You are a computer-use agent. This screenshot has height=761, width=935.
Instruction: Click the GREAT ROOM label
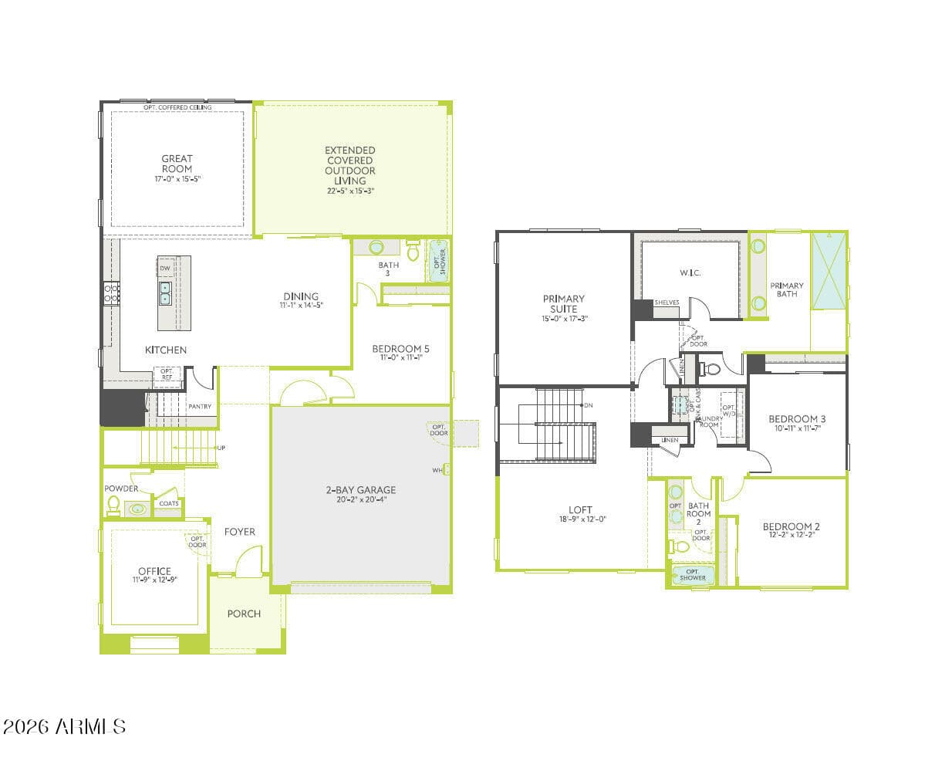point(177,164)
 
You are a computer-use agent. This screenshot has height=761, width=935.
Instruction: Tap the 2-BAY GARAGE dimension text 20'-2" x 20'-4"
point(360,499)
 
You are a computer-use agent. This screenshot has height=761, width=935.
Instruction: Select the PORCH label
point(244,614)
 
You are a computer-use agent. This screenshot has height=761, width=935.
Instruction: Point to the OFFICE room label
point(154,571)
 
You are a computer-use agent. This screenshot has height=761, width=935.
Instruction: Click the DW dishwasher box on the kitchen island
point(165,268)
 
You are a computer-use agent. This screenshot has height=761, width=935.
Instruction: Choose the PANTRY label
point(200,406)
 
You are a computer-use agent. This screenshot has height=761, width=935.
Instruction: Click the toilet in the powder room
point(114,506)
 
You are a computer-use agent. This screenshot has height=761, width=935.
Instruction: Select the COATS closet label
point(169,503)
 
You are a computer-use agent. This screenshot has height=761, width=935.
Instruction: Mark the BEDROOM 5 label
point(400,349)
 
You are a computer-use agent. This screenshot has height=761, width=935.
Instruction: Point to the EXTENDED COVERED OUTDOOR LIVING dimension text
point(349,191)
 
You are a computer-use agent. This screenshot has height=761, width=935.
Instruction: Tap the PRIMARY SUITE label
point(564,303)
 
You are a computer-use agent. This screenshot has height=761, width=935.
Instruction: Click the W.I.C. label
point(690,272)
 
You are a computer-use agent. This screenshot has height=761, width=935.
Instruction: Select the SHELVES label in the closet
point(667,303)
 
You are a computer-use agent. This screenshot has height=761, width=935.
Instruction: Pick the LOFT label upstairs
point(580,509)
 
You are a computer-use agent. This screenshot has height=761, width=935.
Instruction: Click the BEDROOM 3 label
point(797,419)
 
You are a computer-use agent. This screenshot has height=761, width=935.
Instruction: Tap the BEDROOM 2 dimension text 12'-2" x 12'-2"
point(791,534)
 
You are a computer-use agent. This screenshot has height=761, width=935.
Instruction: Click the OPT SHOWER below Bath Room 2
point(693,574)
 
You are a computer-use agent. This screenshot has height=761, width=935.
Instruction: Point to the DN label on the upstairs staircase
point(589,405)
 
